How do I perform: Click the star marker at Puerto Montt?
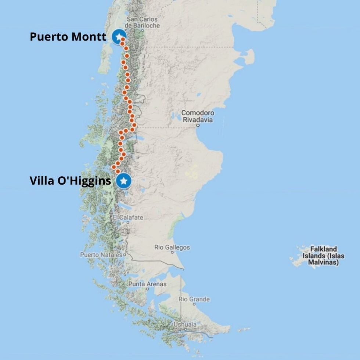tap(119, 37)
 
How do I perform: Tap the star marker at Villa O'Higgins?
tap(124, 181)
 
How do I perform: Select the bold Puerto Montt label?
tap(68, 37)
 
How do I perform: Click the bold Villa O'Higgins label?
tap(70, 181)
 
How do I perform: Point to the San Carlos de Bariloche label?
tap(142, 22)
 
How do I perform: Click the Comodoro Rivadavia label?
tap(198, 116)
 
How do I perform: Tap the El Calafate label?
tap(128, 217)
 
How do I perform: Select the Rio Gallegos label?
tap(172, 247)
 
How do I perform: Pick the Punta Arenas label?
tap(147, 284)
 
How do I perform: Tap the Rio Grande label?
tap(194, 299)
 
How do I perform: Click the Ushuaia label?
tap(185, 324)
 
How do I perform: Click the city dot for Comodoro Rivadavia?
tap(198, 125)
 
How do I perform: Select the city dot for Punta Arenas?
tap(147, 289)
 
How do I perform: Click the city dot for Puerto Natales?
tap(125, 254)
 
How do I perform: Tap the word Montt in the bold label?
tap(90, 37)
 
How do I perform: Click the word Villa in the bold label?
tap(40, 181)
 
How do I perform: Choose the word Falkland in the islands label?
tap(323, 249)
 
